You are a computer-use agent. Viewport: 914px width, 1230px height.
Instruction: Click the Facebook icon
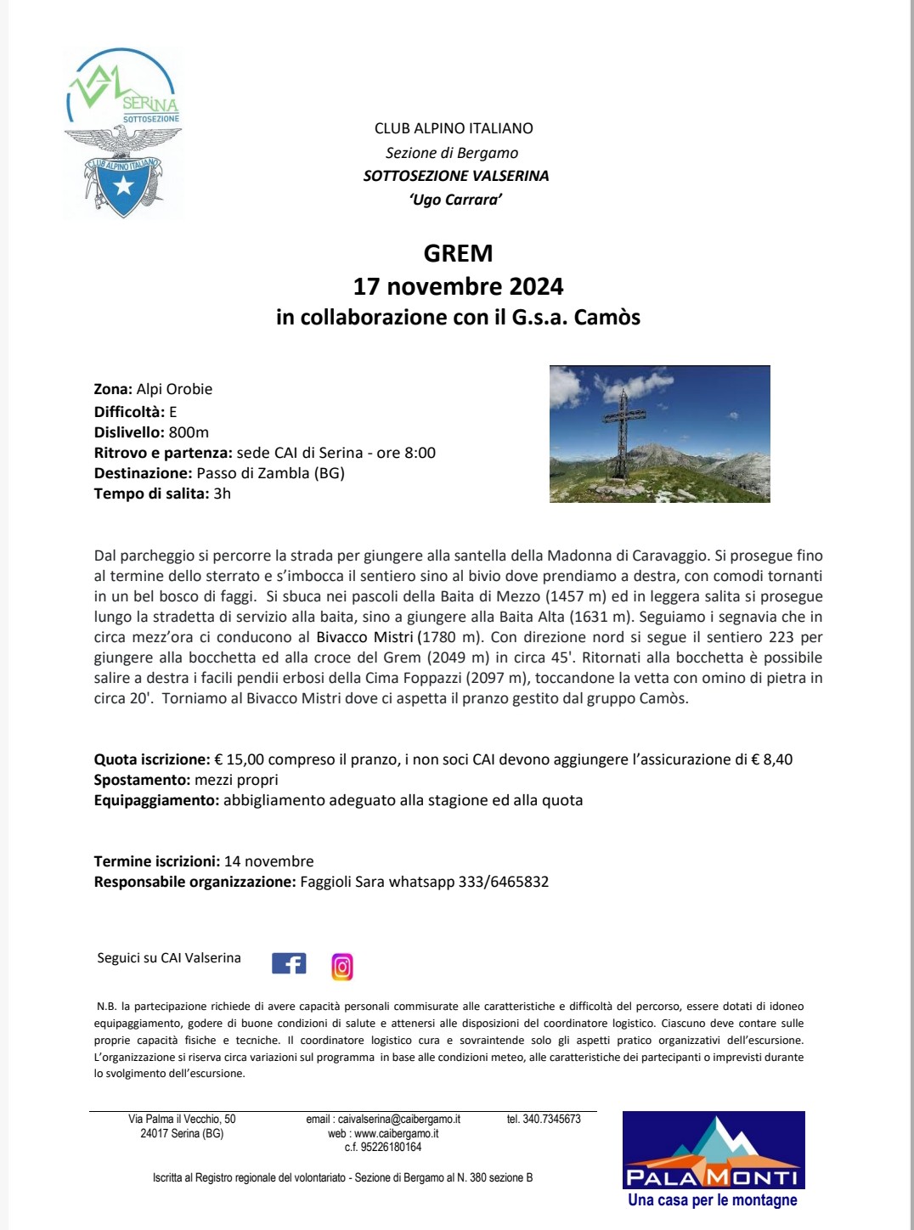289,963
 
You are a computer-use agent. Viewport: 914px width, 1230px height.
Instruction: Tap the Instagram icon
342,967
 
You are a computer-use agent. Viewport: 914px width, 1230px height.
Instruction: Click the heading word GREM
458,253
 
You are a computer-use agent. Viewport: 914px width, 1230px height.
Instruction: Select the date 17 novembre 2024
458,286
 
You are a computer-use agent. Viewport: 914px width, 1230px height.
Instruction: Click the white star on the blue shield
124,185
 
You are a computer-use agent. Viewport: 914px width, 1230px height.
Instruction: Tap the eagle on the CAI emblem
124,140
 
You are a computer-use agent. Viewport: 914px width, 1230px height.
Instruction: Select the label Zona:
113,389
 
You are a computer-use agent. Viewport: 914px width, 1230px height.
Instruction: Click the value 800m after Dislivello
189,432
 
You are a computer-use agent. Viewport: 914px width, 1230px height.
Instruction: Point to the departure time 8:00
420,453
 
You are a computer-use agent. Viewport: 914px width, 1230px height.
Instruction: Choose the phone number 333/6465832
503,882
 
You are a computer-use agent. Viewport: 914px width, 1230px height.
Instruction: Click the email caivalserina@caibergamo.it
383,1120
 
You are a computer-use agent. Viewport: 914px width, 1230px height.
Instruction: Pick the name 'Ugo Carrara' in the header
455,200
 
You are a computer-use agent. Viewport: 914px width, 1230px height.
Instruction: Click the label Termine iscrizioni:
157,861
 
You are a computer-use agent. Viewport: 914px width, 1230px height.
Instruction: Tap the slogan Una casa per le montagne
713,1200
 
